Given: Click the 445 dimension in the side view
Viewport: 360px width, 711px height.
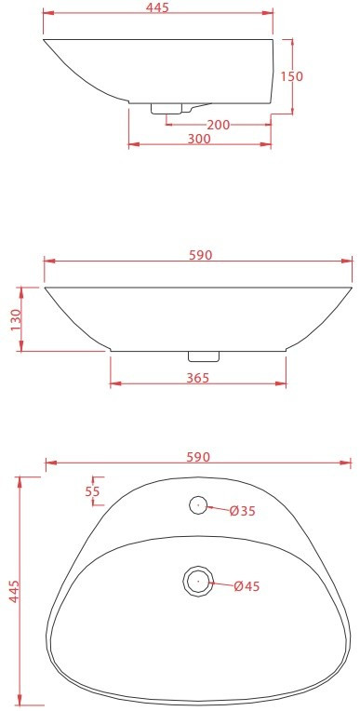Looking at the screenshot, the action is pos(157,7).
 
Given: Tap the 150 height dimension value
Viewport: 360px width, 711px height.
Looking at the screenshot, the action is pos(291,76).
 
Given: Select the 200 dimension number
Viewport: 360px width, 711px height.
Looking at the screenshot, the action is pos(219,125).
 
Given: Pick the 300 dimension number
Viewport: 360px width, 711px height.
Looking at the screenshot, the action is pos(199,139).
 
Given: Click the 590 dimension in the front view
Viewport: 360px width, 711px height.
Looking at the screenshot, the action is pos(200,255).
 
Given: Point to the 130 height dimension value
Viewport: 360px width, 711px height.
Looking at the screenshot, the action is pos(16,320).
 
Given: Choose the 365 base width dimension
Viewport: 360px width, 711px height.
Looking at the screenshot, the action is pos(198,378).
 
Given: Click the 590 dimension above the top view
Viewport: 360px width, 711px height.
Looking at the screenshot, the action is pos(198,457).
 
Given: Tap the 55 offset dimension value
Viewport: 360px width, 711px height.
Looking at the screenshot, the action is pos(92,491).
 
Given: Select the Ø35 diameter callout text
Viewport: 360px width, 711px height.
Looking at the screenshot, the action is pos(243,511).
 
